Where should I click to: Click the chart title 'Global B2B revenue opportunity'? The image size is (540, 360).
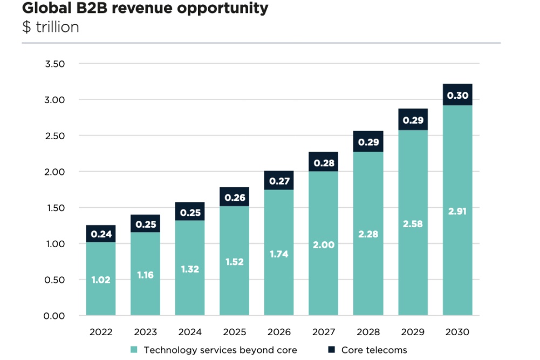click(x=145, y=9)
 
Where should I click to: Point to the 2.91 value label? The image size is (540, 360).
click(x=457, y=211)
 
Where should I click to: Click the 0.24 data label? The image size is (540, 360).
click(x=101, y=234)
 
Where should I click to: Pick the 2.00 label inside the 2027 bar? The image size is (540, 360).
click(x=324, y=244)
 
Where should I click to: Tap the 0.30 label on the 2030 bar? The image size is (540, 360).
click(x=457, y=96)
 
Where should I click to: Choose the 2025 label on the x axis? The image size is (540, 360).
click(x=235, y=332)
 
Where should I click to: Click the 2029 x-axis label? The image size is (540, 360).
click(x=413, y=332)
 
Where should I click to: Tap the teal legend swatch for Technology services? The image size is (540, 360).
click(x=134, y=350)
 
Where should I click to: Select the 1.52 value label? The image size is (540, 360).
click(x=235, y=262)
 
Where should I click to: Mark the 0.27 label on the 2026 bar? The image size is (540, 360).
click(x=279, y=181)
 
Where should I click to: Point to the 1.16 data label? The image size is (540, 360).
click(x=146, y=275)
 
